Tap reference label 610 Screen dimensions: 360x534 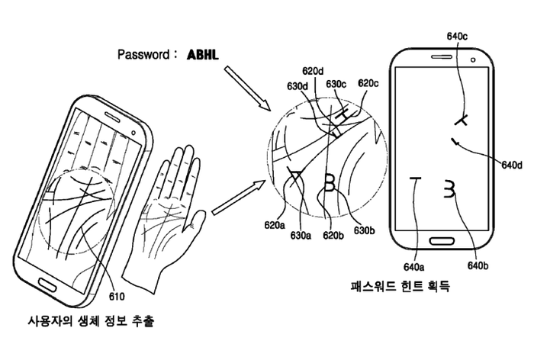118,297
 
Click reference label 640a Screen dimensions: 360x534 415,266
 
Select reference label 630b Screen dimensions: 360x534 364,230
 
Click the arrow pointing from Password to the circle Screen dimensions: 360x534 243,85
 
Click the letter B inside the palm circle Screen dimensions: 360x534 330,183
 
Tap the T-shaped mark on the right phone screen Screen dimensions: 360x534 415,187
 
